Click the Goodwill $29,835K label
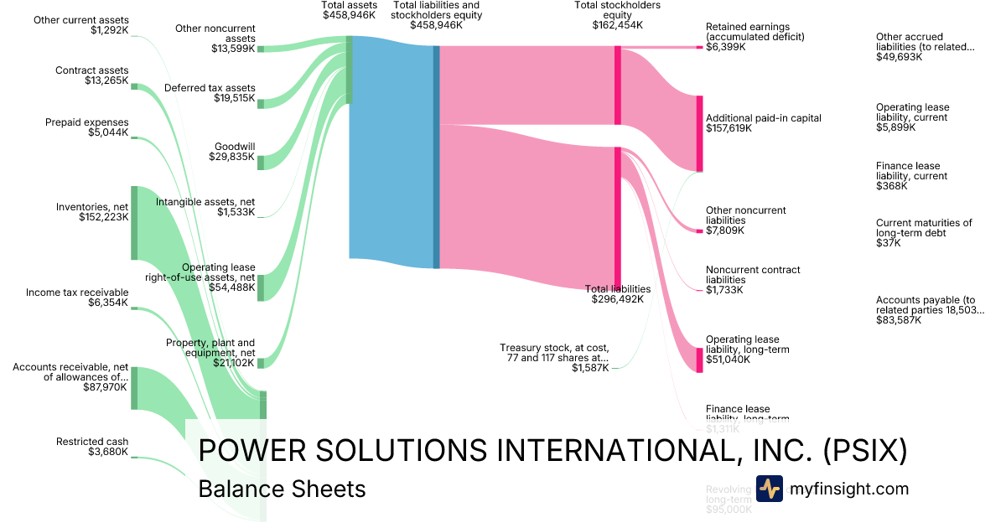pos(234,151)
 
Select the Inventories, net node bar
pos(133,223)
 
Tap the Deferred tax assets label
pos(210,93)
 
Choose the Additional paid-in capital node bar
pos(699,134)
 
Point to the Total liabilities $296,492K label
pos(618,293)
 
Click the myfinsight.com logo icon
pos(769,489)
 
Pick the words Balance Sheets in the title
pos(282,489)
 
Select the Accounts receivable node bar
pos(133,388)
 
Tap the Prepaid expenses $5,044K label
pos(87,127)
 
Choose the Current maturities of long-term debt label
pos(924,233)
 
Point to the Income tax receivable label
pos(77,298)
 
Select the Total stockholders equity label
pos(617,15)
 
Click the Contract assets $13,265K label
pos(92,75)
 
